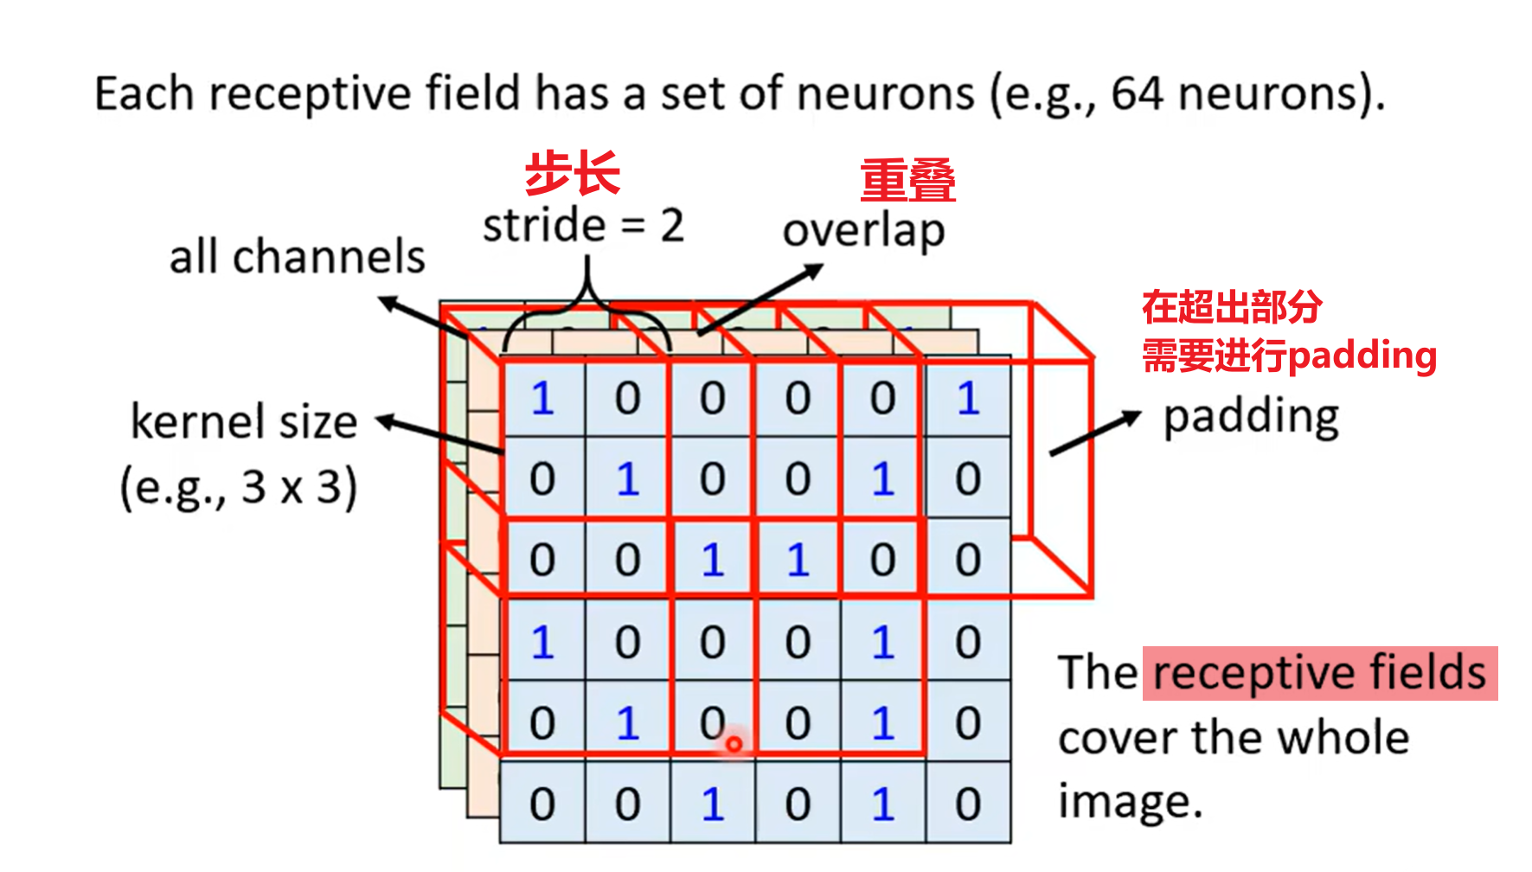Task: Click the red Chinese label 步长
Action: [x=573, y=173]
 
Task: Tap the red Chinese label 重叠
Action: [x=907, y=181]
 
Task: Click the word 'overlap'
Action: [x=863, y=231]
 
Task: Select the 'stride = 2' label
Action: [x=583, y=226]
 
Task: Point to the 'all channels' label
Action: [x=297, y=257]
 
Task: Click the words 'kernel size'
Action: [x=243, y=422]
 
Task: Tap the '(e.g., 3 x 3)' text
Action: [x=238, y=487]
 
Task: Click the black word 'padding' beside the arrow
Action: [x=1251, y=417]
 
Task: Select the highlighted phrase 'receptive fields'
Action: [x=1319, y=673]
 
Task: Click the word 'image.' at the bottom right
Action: [x=1130, y=802]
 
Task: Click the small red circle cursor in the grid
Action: [x=734, y=744]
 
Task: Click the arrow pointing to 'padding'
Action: [x=1094, y=433]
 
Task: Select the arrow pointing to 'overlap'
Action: [x=760, y=299]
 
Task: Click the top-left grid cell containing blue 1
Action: [x=542, y=399]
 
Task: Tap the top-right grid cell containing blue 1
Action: [x=968, y=399]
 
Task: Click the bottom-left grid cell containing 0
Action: [x=542, y=804]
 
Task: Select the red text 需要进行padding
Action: [x=1289, y=356]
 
